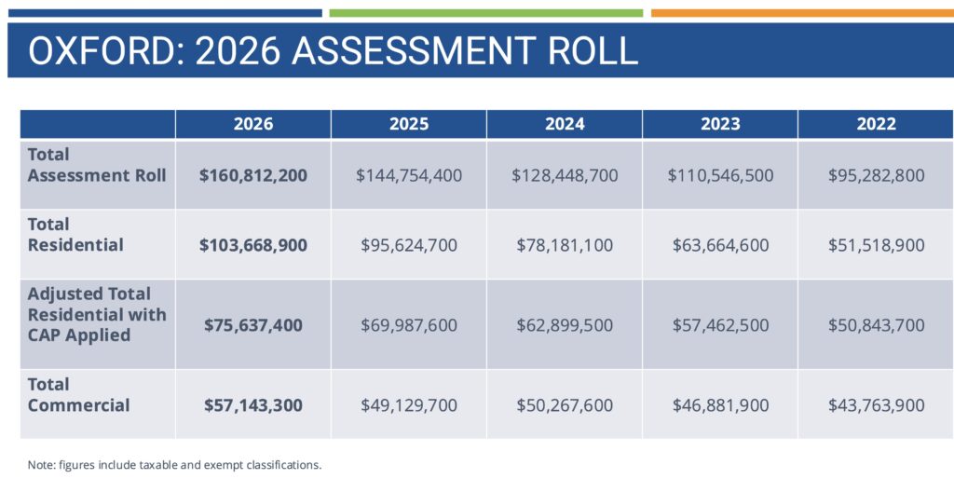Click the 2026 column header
coord(253,124)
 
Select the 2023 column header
coord(719,124)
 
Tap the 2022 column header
coord(876,124)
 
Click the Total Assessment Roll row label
coord(97,165)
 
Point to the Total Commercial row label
coord(79,394)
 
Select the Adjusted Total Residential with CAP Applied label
coord(97,314)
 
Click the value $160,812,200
coord(253,175)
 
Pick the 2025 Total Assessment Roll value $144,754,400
coord(409,175)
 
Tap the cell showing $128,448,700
coord(565,175)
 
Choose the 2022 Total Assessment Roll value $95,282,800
coord(876,175)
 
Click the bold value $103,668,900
coord(253,245)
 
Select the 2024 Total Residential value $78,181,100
coord(565,245)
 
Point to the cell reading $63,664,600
coord(719,245)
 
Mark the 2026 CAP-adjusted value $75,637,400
coord(253,325)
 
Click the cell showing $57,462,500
coord(719,325)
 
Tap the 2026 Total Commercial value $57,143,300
coord(253,405)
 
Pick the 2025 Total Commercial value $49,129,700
coord(409,405)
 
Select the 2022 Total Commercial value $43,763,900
coord(876,405)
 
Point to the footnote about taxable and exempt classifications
coord(174,464)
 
